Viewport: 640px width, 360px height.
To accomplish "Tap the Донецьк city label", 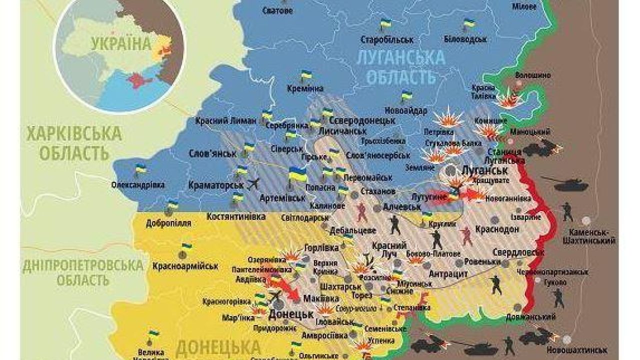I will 291,314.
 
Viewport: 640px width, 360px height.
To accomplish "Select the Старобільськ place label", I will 387,39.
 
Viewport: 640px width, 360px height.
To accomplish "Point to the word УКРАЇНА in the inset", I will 121,43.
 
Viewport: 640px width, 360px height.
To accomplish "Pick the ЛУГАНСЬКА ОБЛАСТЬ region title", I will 401,67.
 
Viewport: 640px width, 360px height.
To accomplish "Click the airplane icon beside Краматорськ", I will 254,183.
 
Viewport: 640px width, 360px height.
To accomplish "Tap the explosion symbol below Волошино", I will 509,100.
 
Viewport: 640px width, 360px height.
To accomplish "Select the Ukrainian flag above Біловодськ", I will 468,23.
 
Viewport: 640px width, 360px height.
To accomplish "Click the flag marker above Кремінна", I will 305,76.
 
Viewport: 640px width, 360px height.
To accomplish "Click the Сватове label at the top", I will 277,10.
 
